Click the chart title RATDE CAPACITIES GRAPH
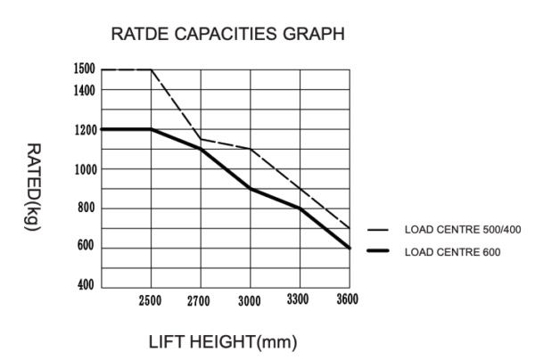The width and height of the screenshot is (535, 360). click(226, 35)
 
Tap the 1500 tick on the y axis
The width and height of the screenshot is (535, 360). click(84, 70)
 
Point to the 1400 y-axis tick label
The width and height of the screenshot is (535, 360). click(84, 89)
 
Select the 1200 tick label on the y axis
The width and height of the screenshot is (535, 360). click(84, 129)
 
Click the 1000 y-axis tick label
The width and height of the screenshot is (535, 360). click(84, 169)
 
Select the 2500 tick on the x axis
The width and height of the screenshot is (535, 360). click(150, 300)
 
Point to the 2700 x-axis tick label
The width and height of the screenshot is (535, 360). click(199, 300)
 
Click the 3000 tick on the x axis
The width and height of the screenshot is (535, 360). click(249, 300)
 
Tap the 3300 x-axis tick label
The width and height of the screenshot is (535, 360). click(298, 299)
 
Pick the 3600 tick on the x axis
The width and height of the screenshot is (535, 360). click(347, 299)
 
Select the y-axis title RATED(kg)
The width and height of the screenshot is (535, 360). click(32, 187)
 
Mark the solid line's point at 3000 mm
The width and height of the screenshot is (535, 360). click(251, 189)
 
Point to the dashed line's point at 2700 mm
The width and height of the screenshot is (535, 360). click(201, 139)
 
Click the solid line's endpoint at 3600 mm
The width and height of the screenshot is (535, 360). click(350, 248)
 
